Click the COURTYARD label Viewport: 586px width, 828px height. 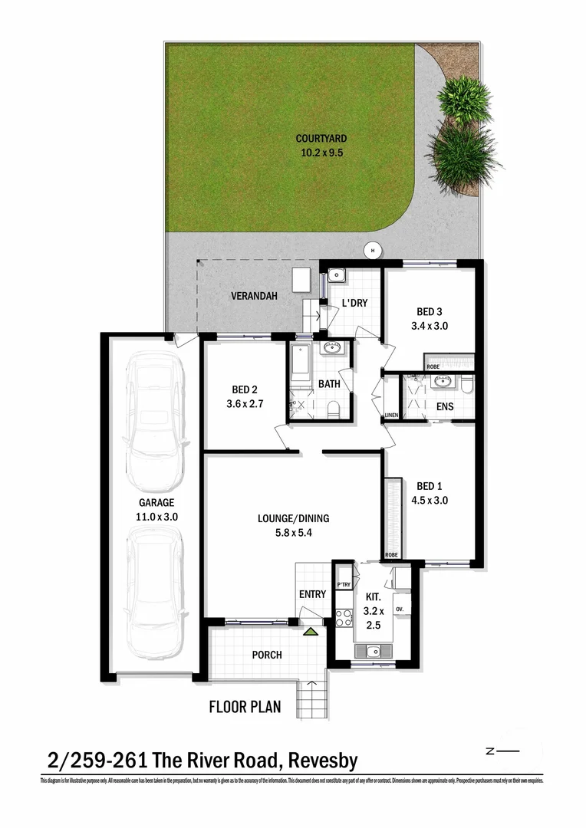pyautogui.click(x=321, y=139)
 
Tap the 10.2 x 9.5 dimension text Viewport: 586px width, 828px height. pyautogui.click(x=321, y=153)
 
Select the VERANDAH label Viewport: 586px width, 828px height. pyautogui.click(x=254, y=296)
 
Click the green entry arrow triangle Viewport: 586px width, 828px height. pyautogui.click(x=311, y=632)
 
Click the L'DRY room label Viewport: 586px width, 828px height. pyautogui.click(x=354, y=304)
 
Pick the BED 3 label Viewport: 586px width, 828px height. pyautogui.click(x=430, y=312)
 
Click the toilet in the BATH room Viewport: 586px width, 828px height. pyautogui.click(x=333, y=412)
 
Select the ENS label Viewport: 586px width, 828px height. pyautogui.click(x=445, y=406)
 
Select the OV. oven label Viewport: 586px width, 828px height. pyautogui.click(x=400, y=609)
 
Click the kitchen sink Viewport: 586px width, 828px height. pyautogui.click(x=374, y=652)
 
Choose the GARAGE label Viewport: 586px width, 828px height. pyautogui.click(x=156, y=503)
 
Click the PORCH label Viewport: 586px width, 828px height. pyautogui.click(x=267, y=655)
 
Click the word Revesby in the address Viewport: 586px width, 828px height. pyautogui.click(x=322, y=761)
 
